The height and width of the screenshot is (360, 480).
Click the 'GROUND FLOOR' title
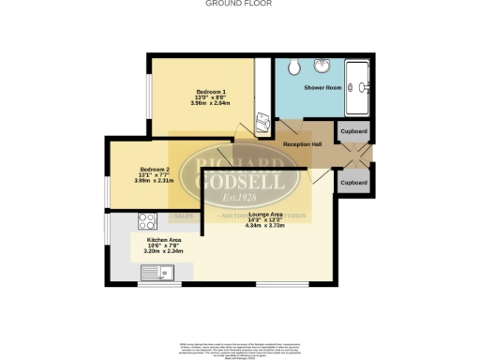tap(239, 4)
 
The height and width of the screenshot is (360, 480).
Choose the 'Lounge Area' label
tap(264, 214)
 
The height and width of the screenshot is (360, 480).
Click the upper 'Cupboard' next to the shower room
tap(354, 132)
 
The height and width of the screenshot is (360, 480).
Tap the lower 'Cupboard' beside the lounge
tap(354, 180)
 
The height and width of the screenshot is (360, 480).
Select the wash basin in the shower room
tap(323, 67)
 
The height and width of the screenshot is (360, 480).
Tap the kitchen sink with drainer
tap(155, 274)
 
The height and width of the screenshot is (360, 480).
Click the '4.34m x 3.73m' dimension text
tap(264, 226)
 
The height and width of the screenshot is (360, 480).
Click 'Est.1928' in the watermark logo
tap(239, 199)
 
